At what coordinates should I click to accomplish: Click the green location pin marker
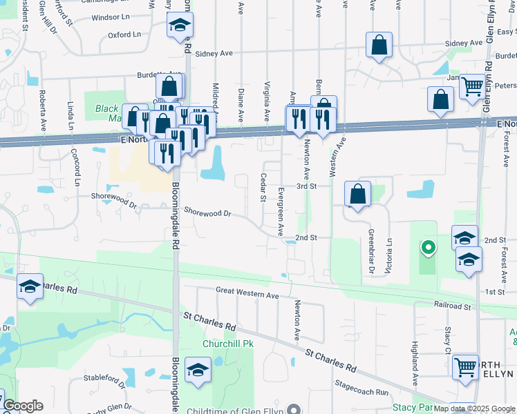[428, 247]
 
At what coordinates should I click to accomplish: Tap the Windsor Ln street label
[111, 17]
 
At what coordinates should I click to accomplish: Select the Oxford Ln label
[124, 34]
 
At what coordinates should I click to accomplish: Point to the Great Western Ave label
[247, 295]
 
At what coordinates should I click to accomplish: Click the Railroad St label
[453, 304]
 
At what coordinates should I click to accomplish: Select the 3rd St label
[306, 186]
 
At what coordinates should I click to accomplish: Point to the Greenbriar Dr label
[371, 252]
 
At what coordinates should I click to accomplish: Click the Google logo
[23, 406]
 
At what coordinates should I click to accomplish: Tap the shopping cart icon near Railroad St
[465, 367]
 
